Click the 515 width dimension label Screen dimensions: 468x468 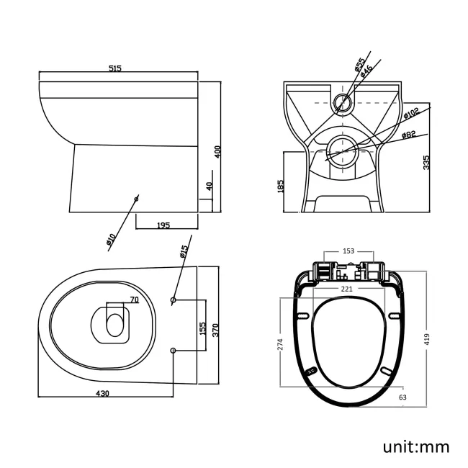[114, 68]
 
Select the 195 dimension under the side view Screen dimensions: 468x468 [163, 225]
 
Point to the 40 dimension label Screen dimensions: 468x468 [209, 186]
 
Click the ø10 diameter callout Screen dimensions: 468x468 [112, 240]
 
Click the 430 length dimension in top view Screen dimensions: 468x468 [103, 393]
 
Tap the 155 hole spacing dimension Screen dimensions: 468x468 [202, 329]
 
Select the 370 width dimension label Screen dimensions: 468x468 [215, 329]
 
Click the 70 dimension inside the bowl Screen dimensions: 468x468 [133, 299]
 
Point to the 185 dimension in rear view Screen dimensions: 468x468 [281, 186]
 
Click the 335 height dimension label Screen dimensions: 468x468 [427, 162]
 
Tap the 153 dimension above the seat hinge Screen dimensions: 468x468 [348, 251]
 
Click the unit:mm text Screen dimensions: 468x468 [415, 446]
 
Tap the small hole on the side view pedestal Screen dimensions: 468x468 [135, 197]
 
